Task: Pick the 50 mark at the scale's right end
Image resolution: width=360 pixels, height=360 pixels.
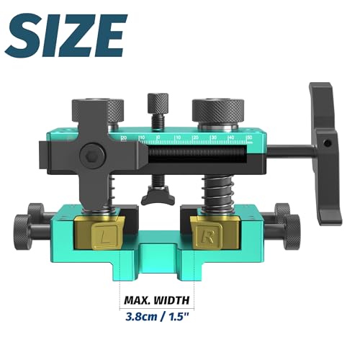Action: point(248,135)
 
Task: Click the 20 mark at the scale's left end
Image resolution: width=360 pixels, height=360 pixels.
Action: point(125,137)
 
